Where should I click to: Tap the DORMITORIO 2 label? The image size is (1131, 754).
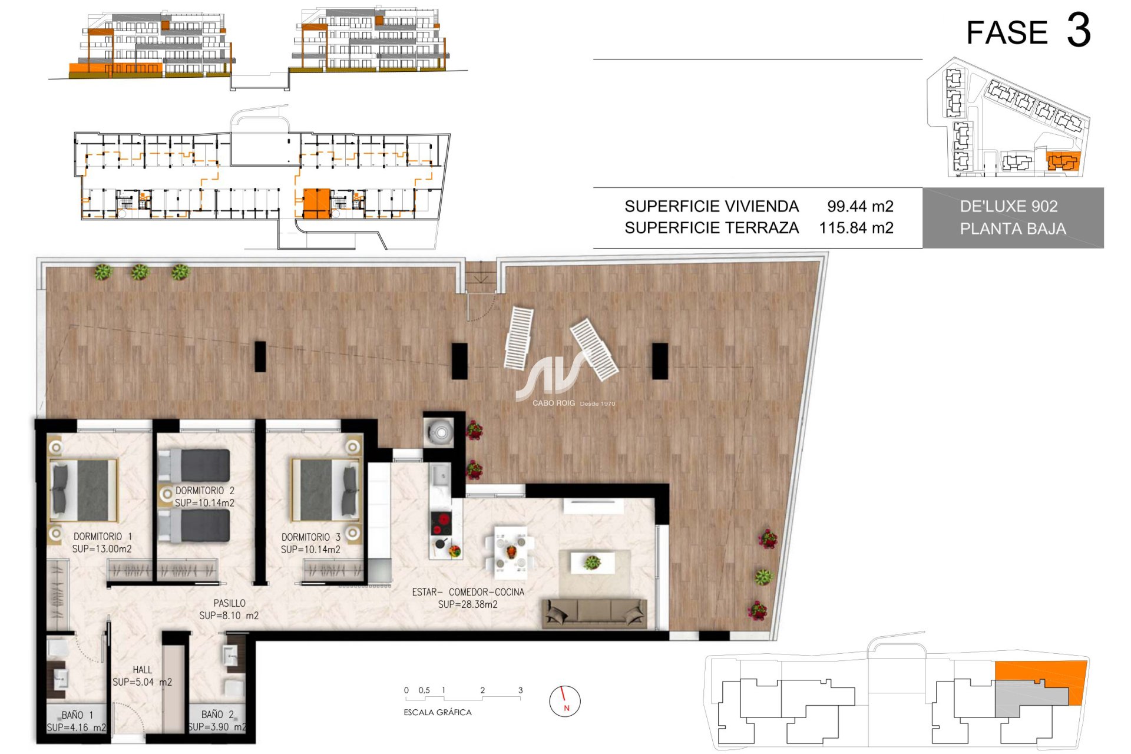tap(205, 491)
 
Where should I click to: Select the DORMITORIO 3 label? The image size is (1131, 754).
tap(311, 537)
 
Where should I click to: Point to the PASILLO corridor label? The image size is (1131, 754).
tap(229, 603)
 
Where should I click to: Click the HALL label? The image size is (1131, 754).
tap(143, 670)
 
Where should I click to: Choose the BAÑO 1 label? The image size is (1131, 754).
tap(77, 715)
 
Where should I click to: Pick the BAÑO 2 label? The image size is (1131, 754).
tap(217, 715)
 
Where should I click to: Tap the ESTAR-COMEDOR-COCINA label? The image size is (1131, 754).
tap(468, 592)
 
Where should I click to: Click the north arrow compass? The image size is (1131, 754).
tap(565, 701)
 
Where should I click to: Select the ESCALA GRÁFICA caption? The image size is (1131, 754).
tap(438, 712)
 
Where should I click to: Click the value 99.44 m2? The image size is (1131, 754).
tap(860, 206)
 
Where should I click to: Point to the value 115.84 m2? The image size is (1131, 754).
tap(856, 228)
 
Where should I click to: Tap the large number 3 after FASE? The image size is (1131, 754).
tap(1079, 31)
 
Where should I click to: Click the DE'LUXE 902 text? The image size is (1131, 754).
tap(1008, 206)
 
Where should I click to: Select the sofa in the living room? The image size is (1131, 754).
tap(594, 613)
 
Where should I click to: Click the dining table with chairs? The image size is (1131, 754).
tap(510, 551)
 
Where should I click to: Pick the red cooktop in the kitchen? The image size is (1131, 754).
tap(441, 522)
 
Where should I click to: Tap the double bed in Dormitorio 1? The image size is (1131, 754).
tap(84, 491)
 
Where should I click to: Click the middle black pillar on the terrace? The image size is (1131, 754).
tap(459, 361)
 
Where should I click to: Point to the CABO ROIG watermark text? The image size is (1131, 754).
tap(554, 403)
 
